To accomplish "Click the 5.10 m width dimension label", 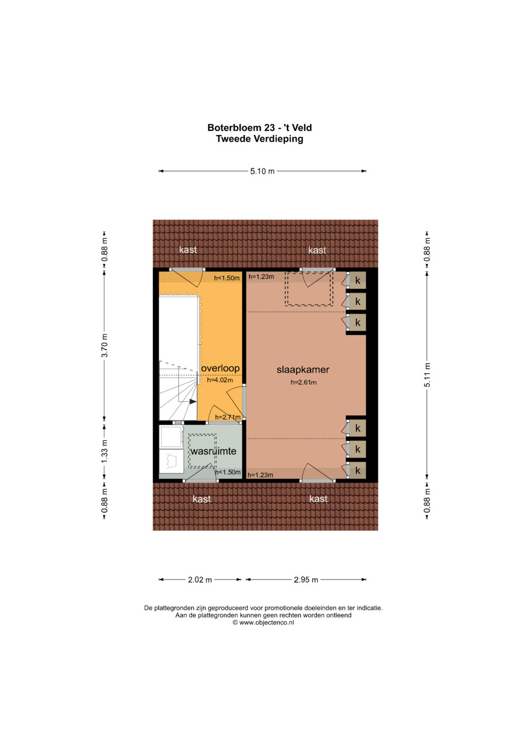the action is [262, 171].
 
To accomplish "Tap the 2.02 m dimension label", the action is [200, 580].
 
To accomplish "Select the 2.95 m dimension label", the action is [306, 580].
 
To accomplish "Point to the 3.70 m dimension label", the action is [105, 345].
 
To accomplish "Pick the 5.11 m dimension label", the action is [427, 375].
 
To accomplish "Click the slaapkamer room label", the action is [303, 370].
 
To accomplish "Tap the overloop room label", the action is [220, 368].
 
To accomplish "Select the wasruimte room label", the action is [213, 451].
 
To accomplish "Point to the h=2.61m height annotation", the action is [303, 382].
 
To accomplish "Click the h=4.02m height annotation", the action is [220, 380].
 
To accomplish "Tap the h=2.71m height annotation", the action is [228, 417].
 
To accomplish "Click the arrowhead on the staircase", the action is [193, 401].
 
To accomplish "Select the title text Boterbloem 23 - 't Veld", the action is [260, 128].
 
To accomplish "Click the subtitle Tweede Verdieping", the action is [260, 139].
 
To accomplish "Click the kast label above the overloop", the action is [188, 250].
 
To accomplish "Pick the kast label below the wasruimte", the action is [202, 499].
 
